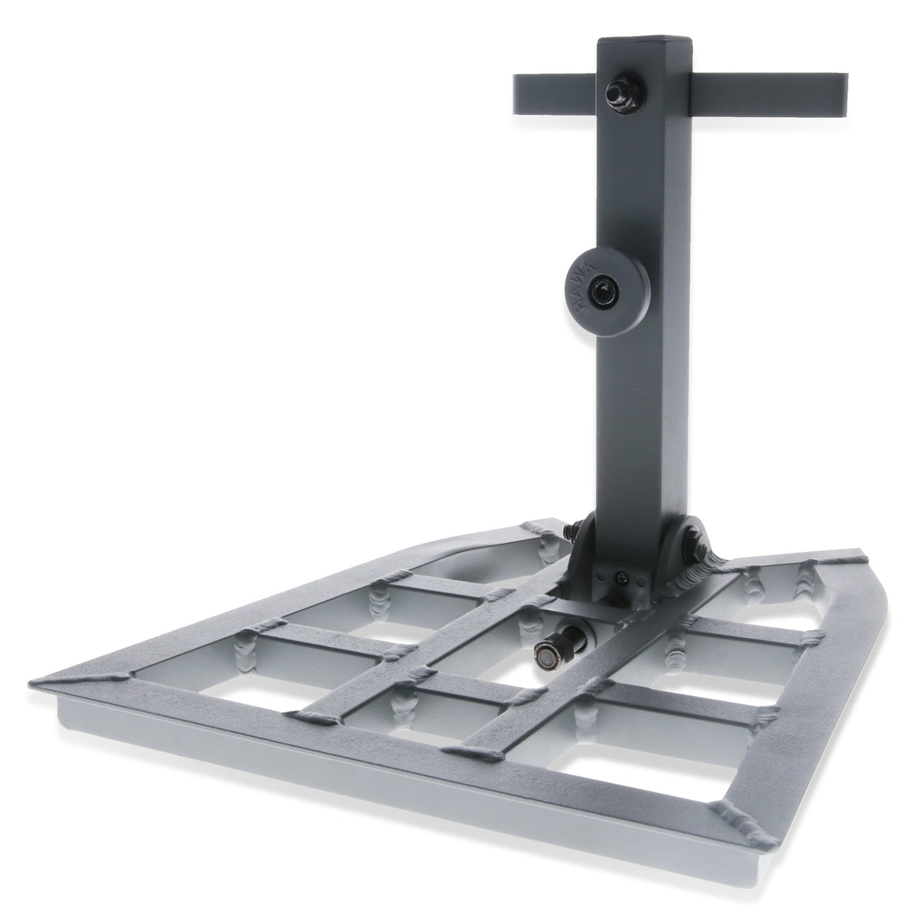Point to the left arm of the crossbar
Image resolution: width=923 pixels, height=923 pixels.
[x=555, y=94]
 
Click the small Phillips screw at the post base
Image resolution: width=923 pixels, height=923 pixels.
[x=622, y=580]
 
